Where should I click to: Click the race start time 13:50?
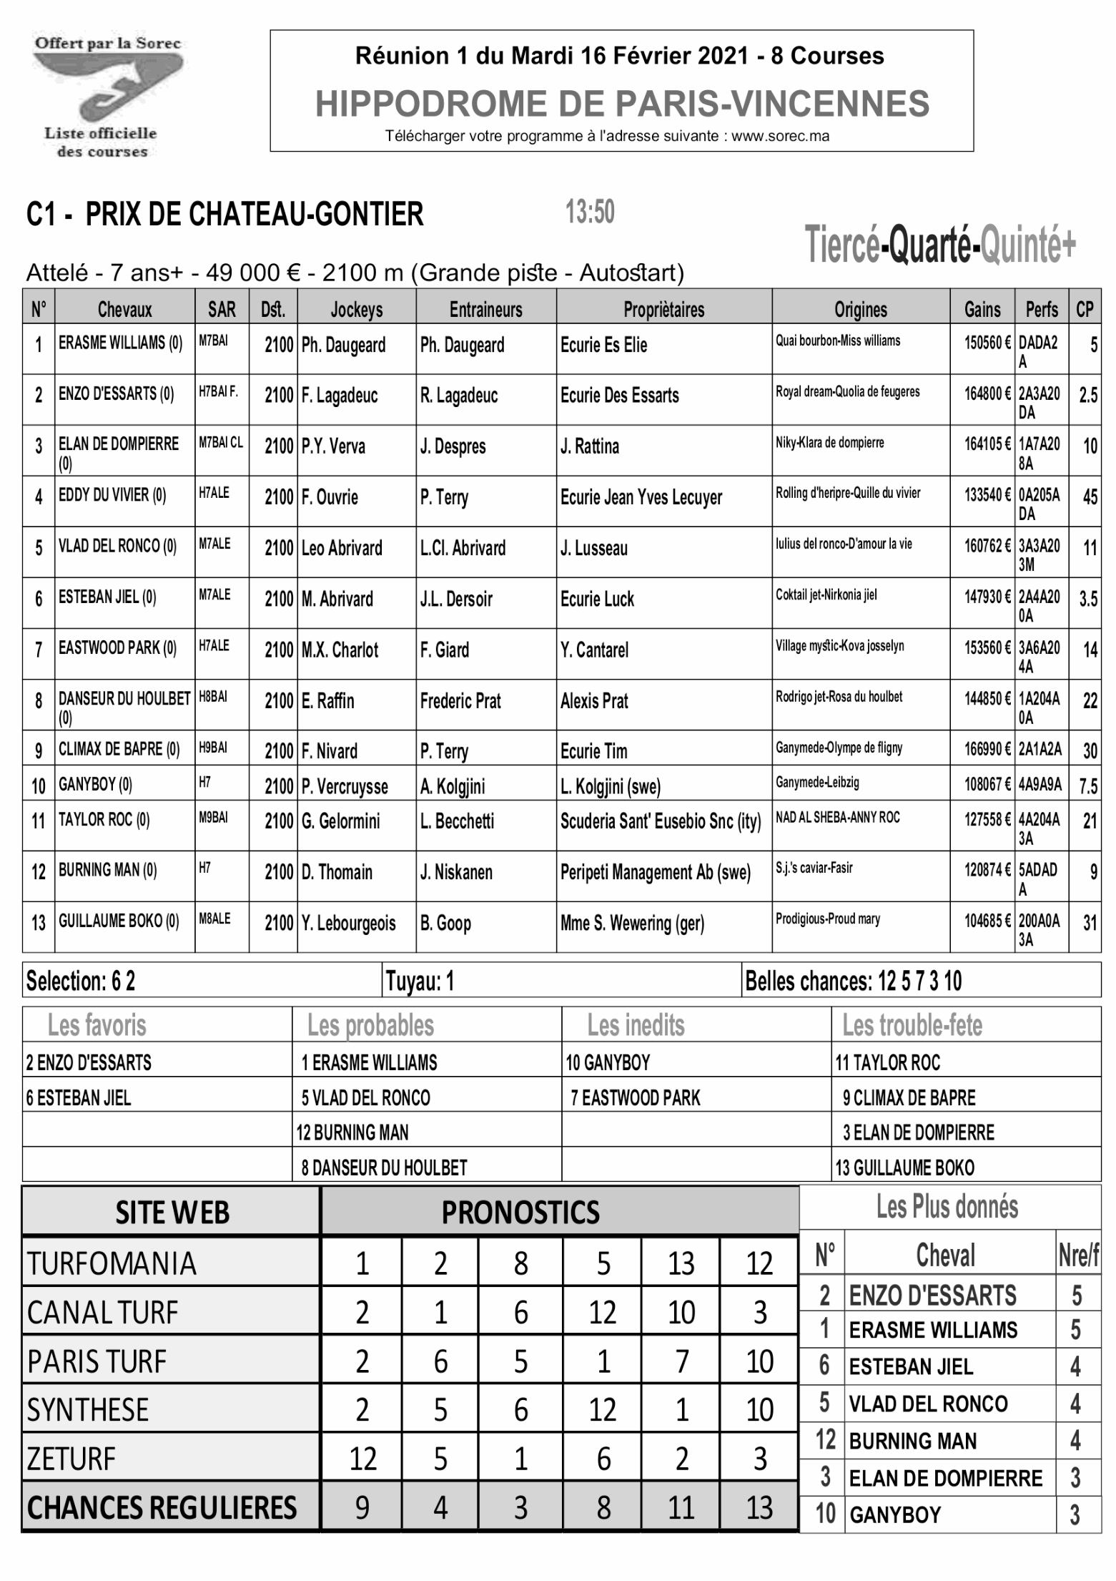coord(590,212)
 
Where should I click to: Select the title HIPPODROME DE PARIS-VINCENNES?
coord(622,104)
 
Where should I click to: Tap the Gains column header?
coord(982,309)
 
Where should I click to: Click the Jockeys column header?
coord(356,309)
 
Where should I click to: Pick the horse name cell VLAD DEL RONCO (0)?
coord(118,547)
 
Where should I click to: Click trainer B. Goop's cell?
coord(445,924)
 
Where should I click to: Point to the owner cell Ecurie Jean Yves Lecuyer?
coord(641,498)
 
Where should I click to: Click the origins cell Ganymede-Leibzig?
coord(817,783)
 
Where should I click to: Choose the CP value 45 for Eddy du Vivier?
coord(1090,497)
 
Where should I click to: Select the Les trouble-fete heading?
coord(912,1025)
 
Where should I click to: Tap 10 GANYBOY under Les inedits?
coord(608,1063)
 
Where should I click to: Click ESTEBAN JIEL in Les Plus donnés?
coord(911,1367)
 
